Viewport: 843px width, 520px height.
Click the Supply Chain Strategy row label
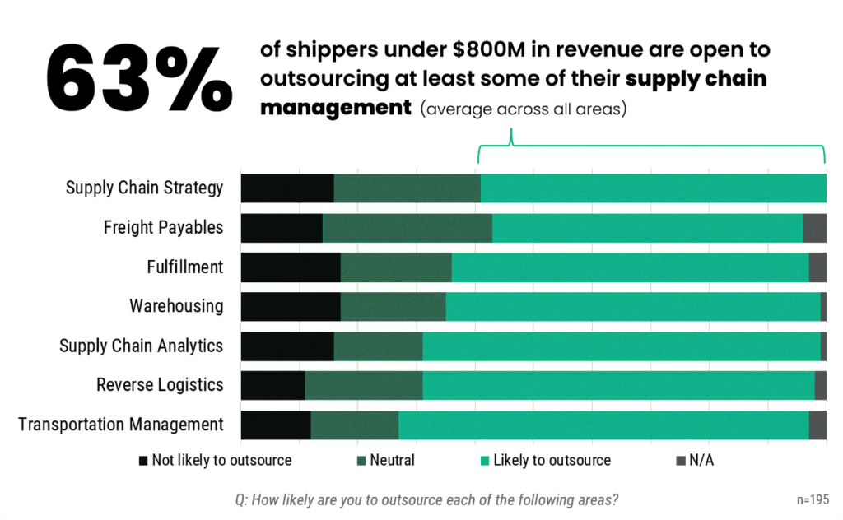pyautogui.click(x=144, y=188)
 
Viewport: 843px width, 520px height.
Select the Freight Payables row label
pyautogui.click(x=163, y=227)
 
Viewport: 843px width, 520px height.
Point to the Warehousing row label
pyautogui.click(x=176, y=306)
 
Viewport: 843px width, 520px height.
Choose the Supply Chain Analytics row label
pyautogui.click(x=141, y=346)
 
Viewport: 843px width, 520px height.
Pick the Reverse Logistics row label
pyautogui.click(x=160, y=385)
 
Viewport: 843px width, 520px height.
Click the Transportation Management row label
pyautogui.click(x=121, y=425)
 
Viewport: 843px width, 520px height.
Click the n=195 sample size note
pyautogui.click(x=813, y=499)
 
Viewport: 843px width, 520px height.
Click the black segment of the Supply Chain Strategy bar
pyautogui.click(x=287, y=188)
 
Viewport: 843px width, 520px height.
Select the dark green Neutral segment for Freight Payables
pyautogui.click(x=408, y=228)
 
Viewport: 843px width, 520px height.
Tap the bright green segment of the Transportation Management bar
pyautogui.click(x=603, y=425)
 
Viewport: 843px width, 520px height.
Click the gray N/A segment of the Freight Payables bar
pyautogui.click(x=814, y=228)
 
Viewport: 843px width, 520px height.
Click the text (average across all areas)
pyautogui.click(x=524, y=109)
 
